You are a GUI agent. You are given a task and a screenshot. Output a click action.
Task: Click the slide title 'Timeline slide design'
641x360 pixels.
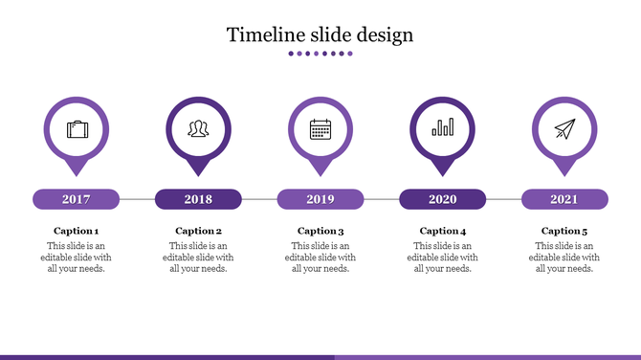(320, 35)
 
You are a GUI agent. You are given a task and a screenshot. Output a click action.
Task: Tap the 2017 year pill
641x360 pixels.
(77, 199)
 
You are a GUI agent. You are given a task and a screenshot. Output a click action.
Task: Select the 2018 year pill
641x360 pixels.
(198, 199)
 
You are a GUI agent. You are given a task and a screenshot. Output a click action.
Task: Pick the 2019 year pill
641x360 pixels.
(320, 199)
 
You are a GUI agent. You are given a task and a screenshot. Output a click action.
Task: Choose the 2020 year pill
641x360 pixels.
(442, 199)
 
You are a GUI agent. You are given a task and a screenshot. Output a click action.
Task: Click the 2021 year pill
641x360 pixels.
(564, 199)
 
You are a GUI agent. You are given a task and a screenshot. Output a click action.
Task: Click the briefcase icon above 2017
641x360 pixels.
(77, 128)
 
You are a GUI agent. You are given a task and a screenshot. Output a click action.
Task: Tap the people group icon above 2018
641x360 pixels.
(198, 128)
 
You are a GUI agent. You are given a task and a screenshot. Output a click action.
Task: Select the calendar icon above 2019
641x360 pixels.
(320, 128)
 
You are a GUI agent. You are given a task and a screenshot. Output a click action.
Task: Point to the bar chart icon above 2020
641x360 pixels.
(442, 128)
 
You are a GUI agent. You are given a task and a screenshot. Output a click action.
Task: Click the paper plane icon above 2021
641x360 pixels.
(564, 128)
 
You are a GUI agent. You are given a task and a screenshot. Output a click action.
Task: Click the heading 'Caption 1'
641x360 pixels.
(77, 231)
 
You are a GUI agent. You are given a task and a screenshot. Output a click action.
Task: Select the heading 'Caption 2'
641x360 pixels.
(198, 231)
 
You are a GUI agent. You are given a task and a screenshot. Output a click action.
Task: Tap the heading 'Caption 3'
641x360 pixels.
(320, 231)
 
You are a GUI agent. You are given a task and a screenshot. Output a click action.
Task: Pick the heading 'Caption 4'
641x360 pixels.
(442, 231)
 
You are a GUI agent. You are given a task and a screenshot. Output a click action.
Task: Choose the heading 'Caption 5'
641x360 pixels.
(564, 231)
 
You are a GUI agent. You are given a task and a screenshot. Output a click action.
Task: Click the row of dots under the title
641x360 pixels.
(320, 54)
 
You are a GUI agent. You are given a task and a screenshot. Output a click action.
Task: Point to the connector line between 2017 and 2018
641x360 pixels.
(137, 199)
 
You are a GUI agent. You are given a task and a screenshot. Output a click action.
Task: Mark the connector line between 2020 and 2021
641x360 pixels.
(503, 199)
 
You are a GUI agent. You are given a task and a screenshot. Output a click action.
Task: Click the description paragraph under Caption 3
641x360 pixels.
(320, 257)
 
